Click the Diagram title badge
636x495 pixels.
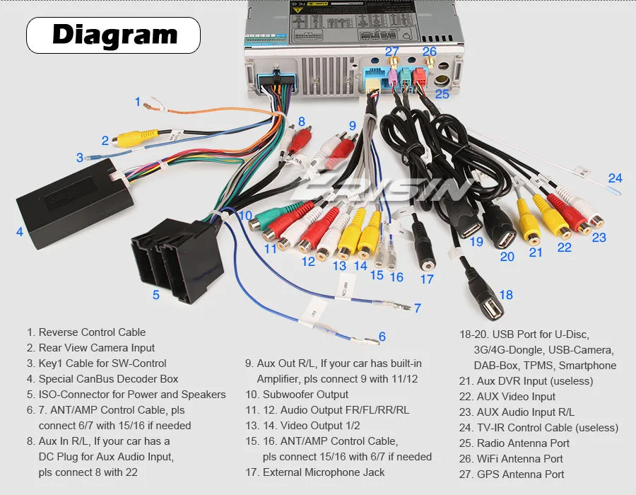(114, 35)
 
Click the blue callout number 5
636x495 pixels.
(156, 295)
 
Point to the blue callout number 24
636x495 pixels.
(616, 178)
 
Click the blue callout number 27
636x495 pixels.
(391, 51)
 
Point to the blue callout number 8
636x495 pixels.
(301, 122)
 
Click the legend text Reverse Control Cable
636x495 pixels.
(92, 332)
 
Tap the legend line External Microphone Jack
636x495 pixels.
(324, 472)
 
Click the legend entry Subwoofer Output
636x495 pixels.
(305, 395)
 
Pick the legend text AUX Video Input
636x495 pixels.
(516, 397)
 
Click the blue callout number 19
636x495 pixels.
(476, 242)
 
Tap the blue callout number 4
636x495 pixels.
(20, 231)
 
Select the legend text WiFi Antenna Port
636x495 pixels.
(520, 459)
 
